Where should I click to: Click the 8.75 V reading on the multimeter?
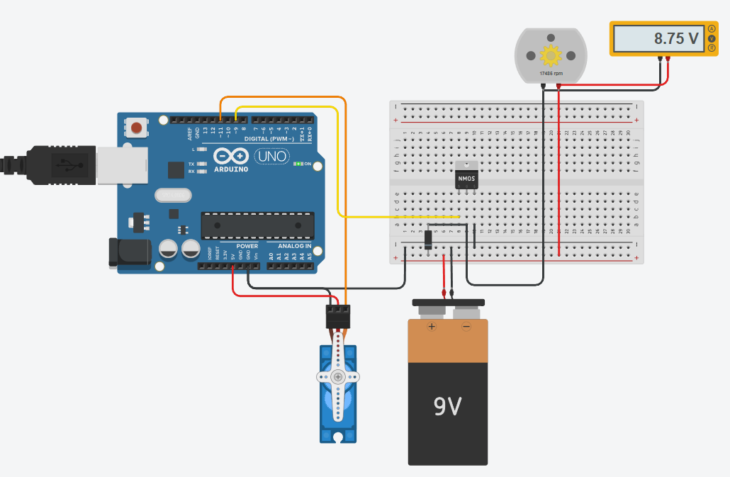pyautogui.click(x=675, y=38)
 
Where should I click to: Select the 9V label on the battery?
pyautogui.click(x=448, y=406)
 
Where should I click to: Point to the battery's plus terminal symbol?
pyautogui.click(x=432, y=327)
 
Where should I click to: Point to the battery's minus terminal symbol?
pyautogui.click(x=466, y=327)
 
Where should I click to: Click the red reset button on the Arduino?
pyautogui.click(x=136, y=128)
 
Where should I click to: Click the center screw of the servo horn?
pyautogui.click(x=338, y=376)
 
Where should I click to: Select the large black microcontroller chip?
pyautogui.click(x=257, y=225)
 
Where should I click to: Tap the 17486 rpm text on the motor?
pyautogui.click(x=550, y=73)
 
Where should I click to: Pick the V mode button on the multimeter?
pyautogui.click(x=711, y=38)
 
